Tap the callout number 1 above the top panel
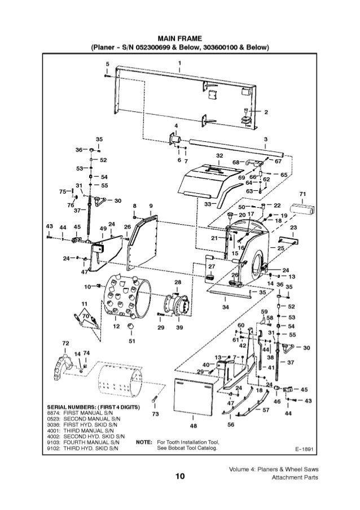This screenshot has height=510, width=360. click(179, 62)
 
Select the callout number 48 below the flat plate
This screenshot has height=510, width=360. click(193, 425)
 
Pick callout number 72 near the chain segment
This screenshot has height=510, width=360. click(65, 343)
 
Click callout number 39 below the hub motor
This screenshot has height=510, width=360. click(179, 327)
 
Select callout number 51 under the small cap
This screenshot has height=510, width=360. click(131, 341)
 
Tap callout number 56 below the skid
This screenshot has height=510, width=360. click(231, 424)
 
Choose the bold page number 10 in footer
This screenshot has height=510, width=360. click(179, 478)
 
